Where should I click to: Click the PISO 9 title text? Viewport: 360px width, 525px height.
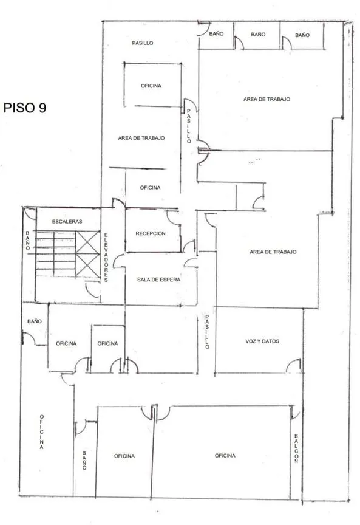(x=25, y=108)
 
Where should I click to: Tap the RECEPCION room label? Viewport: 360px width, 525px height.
(x=151, y=233)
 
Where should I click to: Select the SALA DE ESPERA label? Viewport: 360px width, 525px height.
(x=158, y=280)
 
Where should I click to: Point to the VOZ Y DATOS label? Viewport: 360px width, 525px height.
(x=262, y=341)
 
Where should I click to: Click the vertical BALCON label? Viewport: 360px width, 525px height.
(x=296, y=448)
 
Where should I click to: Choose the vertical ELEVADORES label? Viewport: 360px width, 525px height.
(x=106, y=258)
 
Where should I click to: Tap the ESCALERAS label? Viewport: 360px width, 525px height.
(x=67, y=221)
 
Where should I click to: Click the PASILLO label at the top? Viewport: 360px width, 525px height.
(x=143, y=43)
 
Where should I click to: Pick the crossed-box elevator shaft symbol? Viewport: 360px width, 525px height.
(x=87, y=254)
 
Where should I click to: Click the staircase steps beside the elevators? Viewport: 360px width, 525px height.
(x=55, y=253)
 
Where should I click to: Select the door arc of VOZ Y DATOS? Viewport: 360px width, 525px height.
(x=293, y=366)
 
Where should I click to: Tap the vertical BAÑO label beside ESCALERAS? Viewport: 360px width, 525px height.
(x=28, y=241)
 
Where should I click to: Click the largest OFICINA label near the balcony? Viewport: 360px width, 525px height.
(x=225, y=455)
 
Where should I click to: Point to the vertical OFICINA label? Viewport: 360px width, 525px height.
(x=41, y=431)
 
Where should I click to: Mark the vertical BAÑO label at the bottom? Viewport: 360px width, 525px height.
(x=84, y=460)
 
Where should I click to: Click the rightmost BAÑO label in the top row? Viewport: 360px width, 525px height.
(x=302, y=35)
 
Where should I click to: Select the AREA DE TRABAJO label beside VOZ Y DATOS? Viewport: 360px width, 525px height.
(x=273, y=252)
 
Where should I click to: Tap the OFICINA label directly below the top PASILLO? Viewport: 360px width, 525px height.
(x=151, y=86)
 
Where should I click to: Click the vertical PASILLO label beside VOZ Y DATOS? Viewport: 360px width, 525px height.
(x=207, y=332)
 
